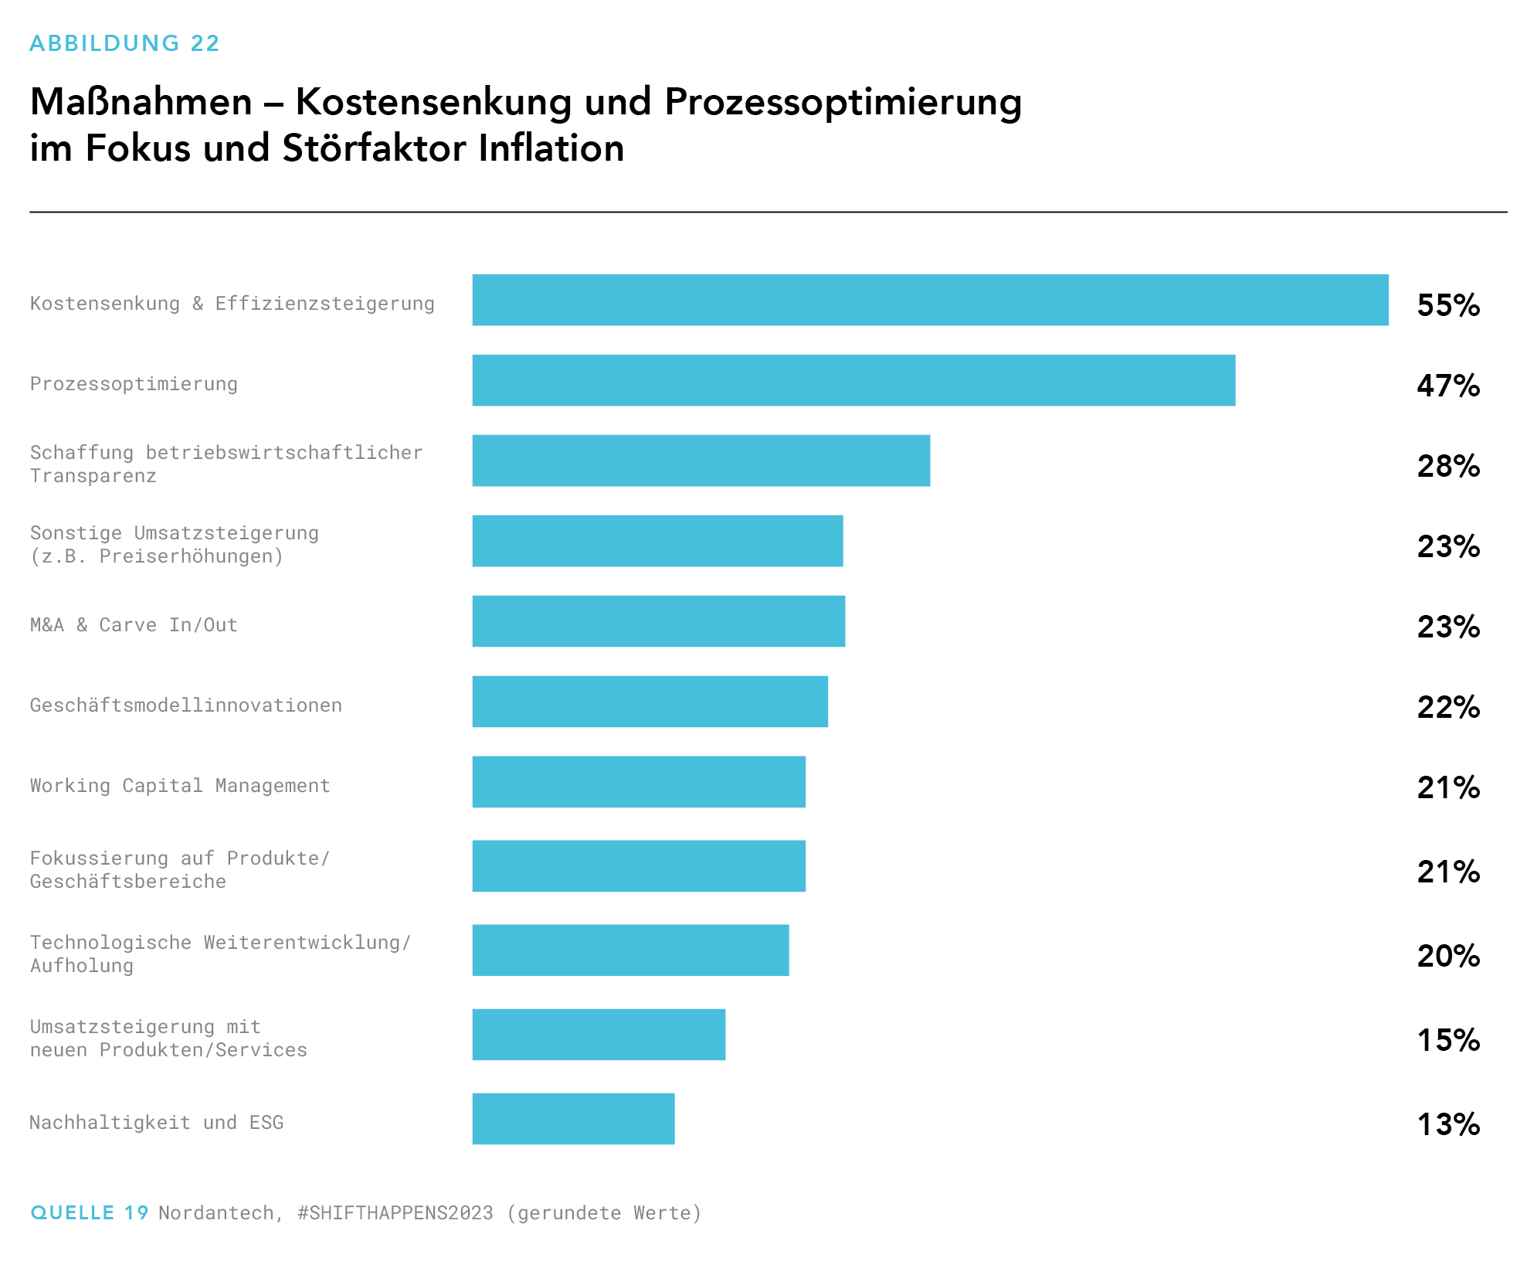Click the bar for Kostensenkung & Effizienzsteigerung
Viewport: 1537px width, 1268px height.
tap(930, 300)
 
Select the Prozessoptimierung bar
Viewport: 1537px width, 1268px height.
tap(853, 380)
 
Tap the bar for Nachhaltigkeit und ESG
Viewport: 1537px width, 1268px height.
tap(573, 1118)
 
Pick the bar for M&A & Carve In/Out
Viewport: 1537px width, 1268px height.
tap(658, 620)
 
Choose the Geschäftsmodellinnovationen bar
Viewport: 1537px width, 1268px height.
tap(650, 701)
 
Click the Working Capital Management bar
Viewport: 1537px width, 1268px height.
tap(639, 781)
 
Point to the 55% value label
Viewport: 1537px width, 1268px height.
tap(1448, 305)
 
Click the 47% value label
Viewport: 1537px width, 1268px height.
tap(1448, 386)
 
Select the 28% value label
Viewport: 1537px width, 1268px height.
tap(1448, 466)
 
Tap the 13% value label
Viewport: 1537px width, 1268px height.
tap(1448, 1124)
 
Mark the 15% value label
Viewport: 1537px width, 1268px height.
tap(1448, 1040)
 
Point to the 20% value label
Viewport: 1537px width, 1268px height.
tap(1448, 956)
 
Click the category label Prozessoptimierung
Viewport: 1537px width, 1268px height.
tap(134, 384)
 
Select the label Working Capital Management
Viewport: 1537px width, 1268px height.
tap(180, 786)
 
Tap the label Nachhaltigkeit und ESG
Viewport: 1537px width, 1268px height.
tap(157, 1123)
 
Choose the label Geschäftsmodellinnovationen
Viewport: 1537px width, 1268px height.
tap(185, 705)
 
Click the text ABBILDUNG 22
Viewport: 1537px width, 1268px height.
tap(124, 43)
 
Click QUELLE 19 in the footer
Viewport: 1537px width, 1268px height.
tap(89, 1212)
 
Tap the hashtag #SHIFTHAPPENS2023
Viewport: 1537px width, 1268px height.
tap(395, 1213)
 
